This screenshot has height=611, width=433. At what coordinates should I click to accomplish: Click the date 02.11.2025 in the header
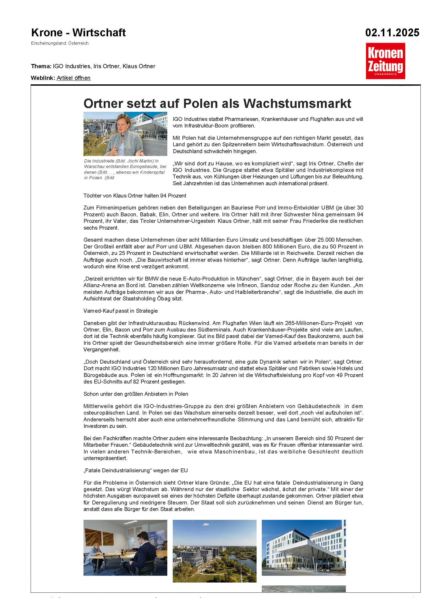392,33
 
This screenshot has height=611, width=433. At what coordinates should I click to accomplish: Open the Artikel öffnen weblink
74,78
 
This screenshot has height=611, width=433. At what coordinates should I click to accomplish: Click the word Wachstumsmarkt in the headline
297,103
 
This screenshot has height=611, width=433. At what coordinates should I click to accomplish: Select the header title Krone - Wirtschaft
78,33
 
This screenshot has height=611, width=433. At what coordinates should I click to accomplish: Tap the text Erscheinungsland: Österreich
60,43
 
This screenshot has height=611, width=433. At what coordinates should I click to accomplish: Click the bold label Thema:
41,66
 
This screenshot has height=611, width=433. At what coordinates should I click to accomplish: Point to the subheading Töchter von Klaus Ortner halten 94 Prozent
135,196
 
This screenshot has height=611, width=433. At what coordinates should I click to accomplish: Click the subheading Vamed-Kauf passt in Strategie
120,311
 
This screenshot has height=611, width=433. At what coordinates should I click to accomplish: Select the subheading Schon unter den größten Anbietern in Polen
136,394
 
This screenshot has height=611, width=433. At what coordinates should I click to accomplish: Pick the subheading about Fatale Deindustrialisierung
135,470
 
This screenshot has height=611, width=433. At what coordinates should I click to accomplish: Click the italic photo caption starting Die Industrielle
125,169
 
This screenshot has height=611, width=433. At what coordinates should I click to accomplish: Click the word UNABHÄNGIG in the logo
385,74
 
